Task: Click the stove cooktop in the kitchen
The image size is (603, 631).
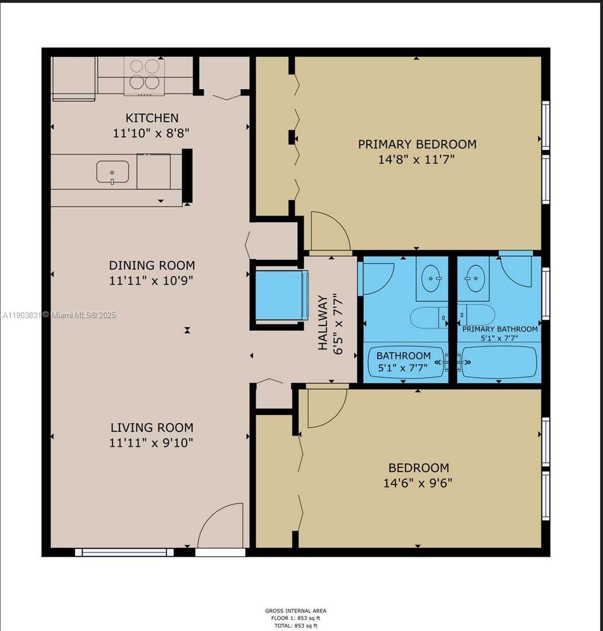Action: click(x=145, y=75)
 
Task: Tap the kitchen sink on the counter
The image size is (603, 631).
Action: click(x=112, y=172)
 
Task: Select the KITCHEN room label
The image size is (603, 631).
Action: click(x=152, y=118)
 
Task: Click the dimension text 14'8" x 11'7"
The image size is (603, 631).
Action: click(x=416, y=159)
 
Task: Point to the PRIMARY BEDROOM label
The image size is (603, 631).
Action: click(x=417, y=144)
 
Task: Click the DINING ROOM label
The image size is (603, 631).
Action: click(x=152, y=265)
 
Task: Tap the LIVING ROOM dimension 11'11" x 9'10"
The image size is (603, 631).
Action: click(x=152, y=443)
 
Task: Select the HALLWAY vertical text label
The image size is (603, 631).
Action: click(x=323, y=323)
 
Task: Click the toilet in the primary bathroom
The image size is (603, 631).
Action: click(x=476, y=315)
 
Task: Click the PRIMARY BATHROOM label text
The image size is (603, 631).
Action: click(x=500, y=329)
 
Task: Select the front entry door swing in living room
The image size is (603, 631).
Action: click(x=221, y=526)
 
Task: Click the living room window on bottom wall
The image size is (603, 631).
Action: click(x=124, y=552)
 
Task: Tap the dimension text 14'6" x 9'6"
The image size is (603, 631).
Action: click(x=418, y=483)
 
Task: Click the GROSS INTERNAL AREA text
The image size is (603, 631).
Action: click(x=295, y=610)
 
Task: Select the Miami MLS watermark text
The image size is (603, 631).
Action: click(x=59, y=315)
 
